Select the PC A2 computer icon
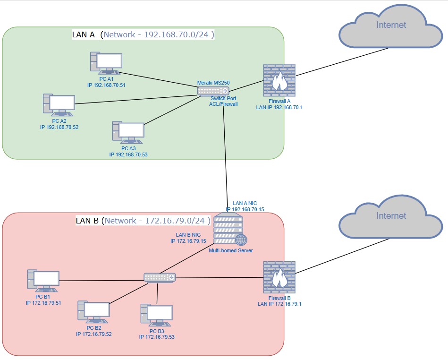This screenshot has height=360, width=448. coord(59,105)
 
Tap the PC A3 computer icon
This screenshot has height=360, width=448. coord(128,132)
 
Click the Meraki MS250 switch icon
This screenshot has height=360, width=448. coord(213,90)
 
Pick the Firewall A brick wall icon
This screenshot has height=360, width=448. coord(279,81)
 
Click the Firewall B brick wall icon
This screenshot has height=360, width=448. coord(279,277)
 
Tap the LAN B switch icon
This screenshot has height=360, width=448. coord(160,278)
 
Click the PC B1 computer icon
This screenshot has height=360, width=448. coord(43,281)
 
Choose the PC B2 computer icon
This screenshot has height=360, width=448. coord(93,312)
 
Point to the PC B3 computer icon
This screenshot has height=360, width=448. coord(156,316)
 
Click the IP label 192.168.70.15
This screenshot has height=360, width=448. coord(245,209)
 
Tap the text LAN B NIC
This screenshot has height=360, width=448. coord(189,234)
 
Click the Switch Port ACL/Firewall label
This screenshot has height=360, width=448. coord(223,101)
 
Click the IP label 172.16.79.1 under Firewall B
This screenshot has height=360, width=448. coord(279,304)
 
